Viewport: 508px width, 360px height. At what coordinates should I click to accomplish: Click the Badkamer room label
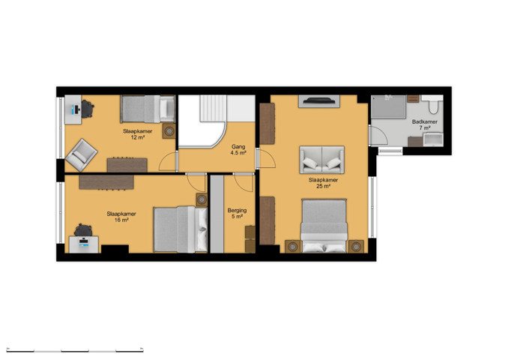point(424,124)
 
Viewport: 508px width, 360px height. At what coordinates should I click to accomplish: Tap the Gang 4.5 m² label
point(238,150)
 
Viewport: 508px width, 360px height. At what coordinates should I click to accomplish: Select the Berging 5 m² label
point(237,214)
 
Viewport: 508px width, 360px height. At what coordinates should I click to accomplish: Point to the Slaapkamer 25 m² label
point(323,183)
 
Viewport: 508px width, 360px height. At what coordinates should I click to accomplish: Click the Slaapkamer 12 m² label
point(137,134)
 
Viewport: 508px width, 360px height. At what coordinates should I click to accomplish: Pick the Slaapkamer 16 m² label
point(121,217)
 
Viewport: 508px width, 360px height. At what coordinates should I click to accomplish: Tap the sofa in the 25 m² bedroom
point(321,160)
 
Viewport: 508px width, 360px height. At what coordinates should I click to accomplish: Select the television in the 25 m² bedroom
point(319,100)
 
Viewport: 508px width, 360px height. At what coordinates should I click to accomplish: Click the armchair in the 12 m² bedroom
point(81,155)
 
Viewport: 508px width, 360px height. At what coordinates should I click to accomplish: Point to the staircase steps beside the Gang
point(214,108)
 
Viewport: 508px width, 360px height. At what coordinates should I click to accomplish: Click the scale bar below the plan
point(75,350)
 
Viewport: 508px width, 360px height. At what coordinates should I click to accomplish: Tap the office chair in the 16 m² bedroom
point(83,230)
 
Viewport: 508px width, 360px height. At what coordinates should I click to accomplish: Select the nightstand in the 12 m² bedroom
point(169,131)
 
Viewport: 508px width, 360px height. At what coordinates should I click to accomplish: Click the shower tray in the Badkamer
point(388,106)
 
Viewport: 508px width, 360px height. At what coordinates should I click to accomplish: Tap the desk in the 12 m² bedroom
point(73,109)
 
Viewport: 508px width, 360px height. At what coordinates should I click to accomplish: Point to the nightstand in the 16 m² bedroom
point(202,199)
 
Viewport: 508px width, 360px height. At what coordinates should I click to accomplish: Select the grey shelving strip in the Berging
point(217,214)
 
